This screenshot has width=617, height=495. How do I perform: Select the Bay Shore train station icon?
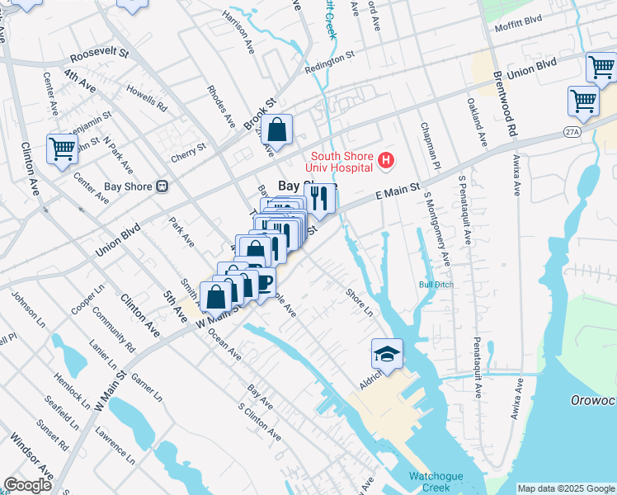point(162,186)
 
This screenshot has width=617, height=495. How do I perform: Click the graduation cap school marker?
point(387,353)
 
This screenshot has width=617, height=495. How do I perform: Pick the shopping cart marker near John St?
point(63,148)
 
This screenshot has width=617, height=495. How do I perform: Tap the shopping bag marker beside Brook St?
point(277,129)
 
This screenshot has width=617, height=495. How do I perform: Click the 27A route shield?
point(572,131)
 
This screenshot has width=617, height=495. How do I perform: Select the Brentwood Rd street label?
point(511,108)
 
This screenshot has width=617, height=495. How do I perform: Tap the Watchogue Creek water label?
point(436,482)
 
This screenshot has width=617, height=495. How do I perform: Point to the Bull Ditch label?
point(436,285)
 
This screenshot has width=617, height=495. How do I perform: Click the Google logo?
point(27,485)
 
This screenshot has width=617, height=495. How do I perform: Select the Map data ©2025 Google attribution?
point(565,488)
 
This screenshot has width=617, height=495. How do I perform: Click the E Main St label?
point(398,194)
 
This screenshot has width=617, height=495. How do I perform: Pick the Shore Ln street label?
point(360,302)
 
